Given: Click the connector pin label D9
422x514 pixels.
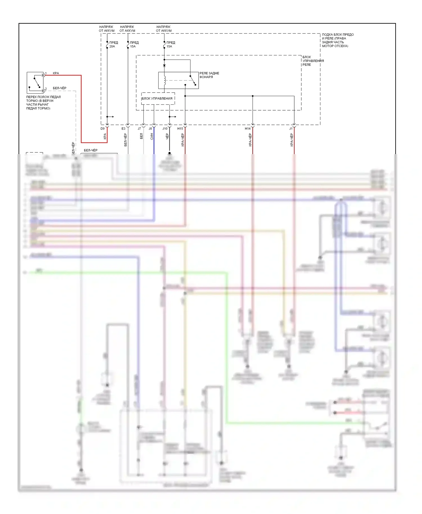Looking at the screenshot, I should click(x=103, y=128).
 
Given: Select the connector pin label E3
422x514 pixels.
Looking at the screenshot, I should click(x=124, y=128).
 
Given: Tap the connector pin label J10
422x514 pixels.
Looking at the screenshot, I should click(x=165, y=128).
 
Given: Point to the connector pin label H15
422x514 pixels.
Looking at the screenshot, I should click(x=180, y=128).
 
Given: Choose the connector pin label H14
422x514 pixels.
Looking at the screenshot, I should click(x=248, y=128).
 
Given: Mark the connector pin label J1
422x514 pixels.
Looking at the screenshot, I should click(x=291, y=128).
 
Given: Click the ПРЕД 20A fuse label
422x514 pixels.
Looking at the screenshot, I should click(x=113, y=44).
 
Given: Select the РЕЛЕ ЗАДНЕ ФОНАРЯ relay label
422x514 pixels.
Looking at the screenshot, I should click(x=209, y=75).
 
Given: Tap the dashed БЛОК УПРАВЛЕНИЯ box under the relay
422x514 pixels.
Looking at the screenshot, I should click(x=158, y=99).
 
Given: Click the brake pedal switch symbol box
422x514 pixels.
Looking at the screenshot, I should click(x=35, y=83).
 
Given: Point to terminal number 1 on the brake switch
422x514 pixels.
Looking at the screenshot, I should click(x=46, y=73).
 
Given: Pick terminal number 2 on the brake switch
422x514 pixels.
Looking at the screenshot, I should click(x=46, y=89).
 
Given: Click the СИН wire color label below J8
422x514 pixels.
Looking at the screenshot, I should click(x=152, y=137).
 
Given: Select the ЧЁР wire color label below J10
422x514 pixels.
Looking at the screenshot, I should click(x=167, y=137).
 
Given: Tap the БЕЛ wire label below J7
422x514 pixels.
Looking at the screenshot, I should click(x=141, y=136).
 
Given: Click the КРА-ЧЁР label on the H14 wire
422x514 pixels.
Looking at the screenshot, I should click(x=250, y=140).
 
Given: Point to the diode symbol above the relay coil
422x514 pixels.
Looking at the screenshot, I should click(x=164, y=66).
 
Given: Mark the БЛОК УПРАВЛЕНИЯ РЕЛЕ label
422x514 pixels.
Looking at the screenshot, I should click(x=313, y=61).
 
